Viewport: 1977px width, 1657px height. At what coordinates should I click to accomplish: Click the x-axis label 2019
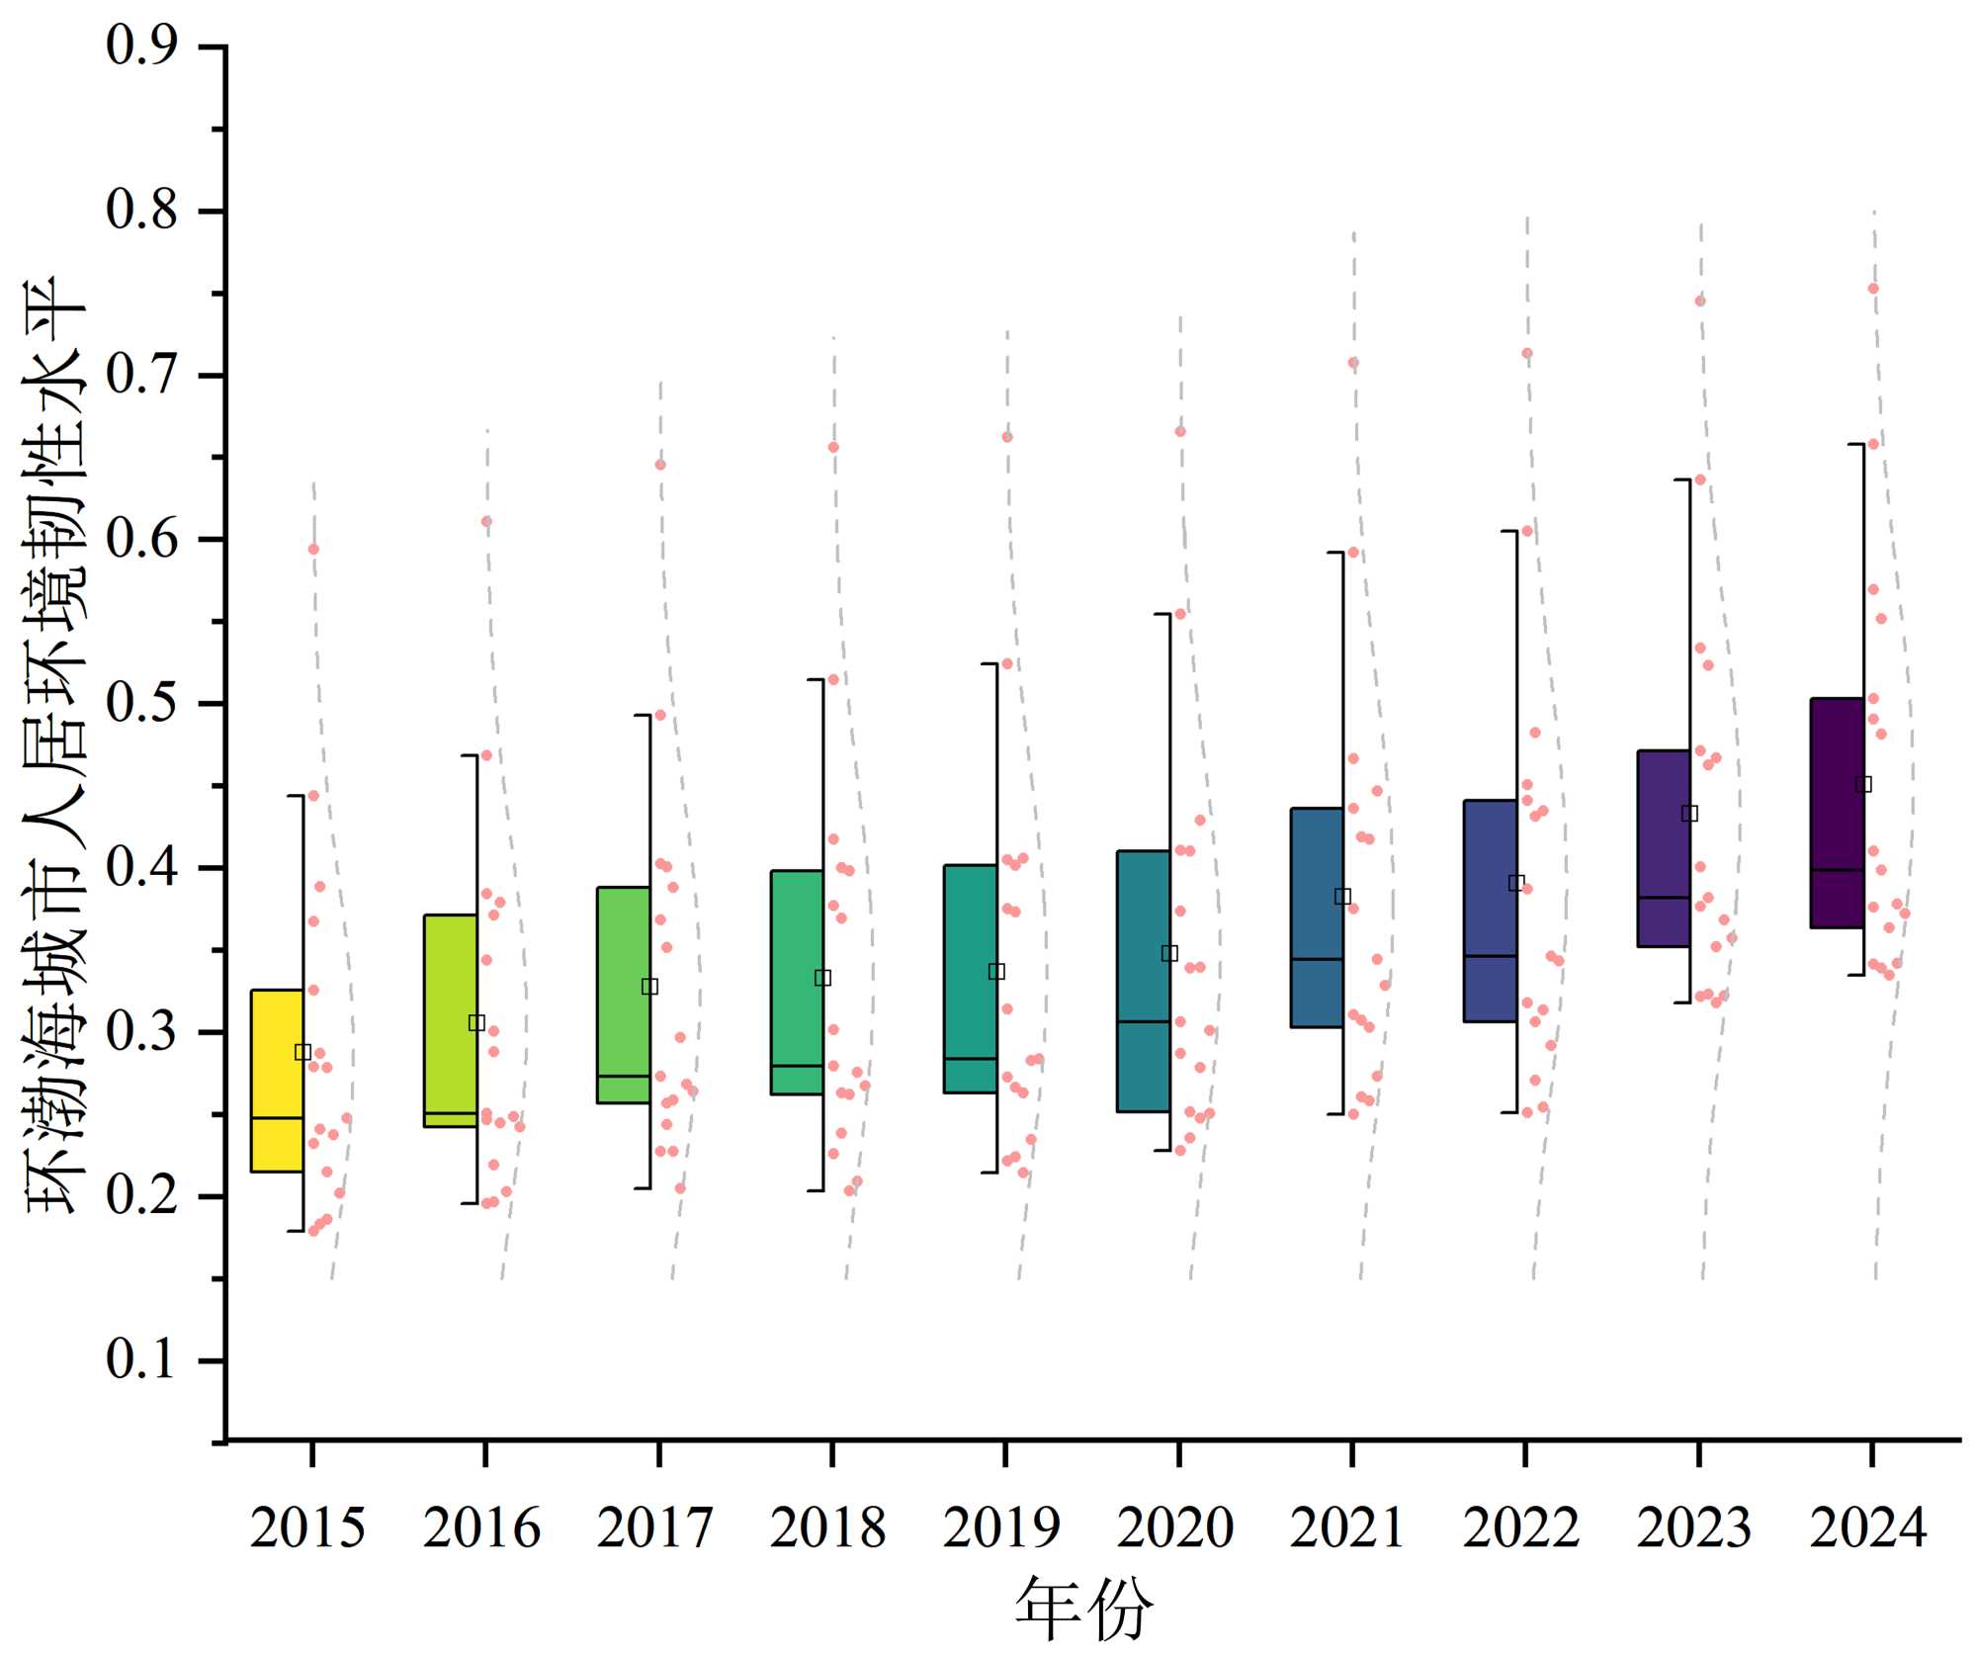click(1001, 1527)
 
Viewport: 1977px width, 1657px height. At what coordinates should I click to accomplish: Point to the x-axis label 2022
click(1521, 1527)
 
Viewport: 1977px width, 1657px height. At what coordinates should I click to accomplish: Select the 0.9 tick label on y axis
click(142, 46)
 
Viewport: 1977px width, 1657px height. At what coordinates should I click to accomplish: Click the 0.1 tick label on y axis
click(142, 1360)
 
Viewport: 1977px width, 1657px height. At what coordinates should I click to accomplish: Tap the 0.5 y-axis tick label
click(142, 704)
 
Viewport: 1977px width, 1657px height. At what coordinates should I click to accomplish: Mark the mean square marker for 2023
click(1690, 814)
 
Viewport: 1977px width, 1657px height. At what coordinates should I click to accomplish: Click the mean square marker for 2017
click(649, 987)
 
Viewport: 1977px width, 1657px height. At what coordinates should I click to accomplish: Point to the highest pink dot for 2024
click(1872, 289)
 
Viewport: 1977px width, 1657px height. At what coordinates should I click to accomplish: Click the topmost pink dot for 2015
click(313, 549)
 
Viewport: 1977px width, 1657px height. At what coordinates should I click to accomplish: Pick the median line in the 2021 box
click(1317, 959)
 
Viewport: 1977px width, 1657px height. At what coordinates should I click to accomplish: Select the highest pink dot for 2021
click(1353, 363)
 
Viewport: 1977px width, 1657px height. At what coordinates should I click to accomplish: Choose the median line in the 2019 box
click(971, 1059)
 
